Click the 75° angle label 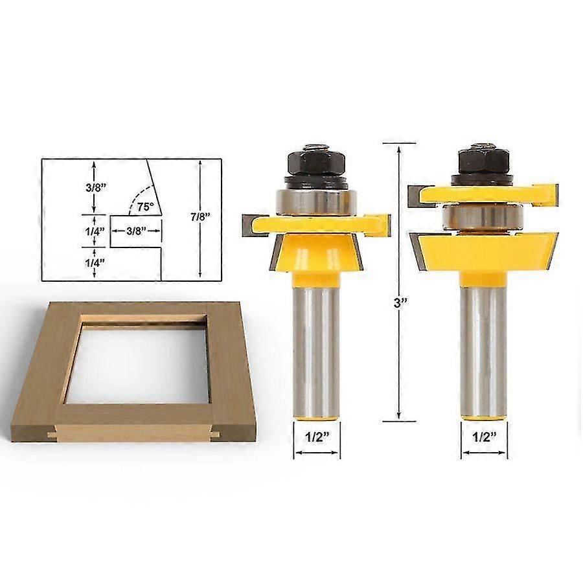click(145, 207)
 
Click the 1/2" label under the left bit click(315, 437)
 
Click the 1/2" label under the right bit click(484, 437)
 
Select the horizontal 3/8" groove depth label click(135, 230)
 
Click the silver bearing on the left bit click(315, 201)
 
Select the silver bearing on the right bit click(484, 216)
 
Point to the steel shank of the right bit click(484, 350)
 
